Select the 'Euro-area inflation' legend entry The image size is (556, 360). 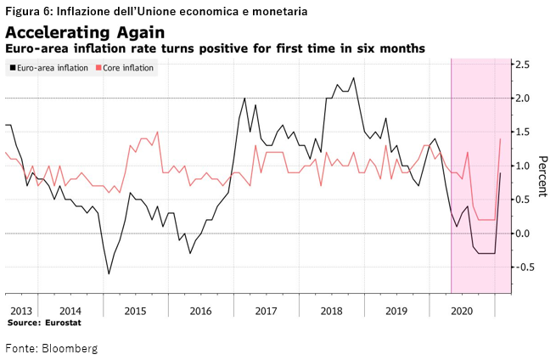coord(51,68)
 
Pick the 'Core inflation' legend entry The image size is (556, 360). coord(128,68)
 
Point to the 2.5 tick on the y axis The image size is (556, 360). coord(524,65)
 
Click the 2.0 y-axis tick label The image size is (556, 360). coord(524,98)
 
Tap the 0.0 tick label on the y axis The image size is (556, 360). coord(524,233)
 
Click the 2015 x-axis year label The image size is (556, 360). coord(134,311)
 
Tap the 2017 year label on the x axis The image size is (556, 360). coord(267,311)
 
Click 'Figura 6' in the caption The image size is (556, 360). coord(26,11)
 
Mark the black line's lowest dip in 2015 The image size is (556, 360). coord(109,273)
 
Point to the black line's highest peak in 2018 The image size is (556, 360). coord(353,78)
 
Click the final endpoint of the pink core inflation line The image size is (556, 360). coord(501,139)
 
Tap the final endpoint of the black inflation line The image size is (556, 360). coord(501,173)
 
